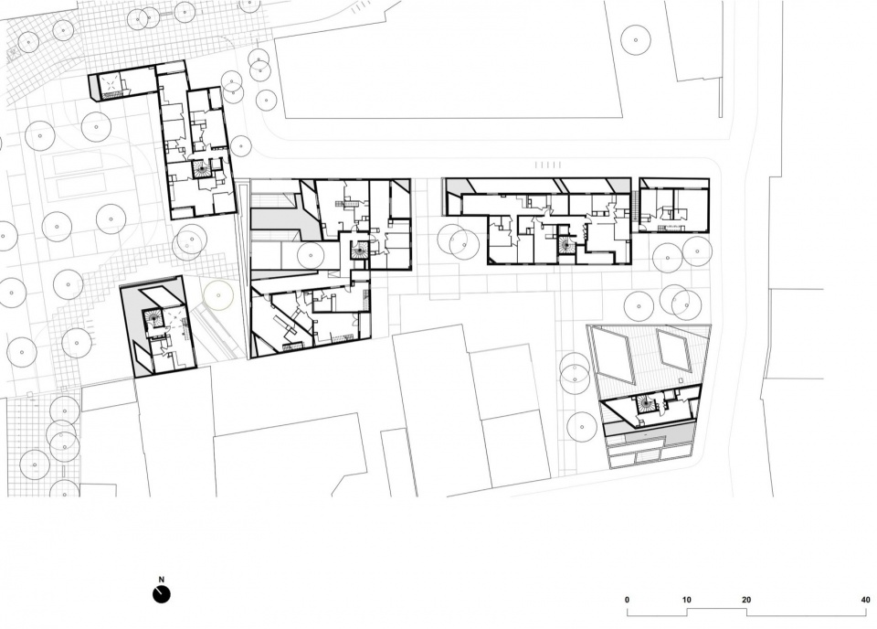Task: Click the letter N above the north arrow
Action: pyautogui.click(x=162, y=580)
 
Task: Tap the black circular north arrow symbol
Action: pyautogui.click(x=161, y=594)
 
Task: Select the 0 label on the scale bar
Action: pyautogui.click(x=627, y=600)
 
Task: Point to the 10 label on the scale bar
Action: pyautogui.click(x=687, y=600)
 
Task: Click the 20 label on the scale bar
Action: pyautogui.click(x=746, y=600)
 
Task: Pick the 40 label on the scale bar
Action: pyautogui.click(x=866, y=600)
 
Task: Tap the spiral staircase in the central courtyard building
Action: pyautogui.click(x=358, y=251)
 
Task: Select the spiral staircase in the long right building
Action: pyautogui.click(x=565, y=245)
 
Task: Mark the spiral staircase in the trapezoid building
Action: pyautogui.click(x=646, y=403)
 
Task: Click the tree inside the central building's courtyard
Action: pyautogui.click(x=311, y=255)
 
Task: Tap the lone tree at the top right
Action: pyautogui.click(x=636, y=39)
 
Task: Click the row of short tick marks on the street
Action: pyautogui.click(x=548, y=165)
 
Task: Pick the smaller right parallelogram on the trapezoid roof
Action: pyautogui.click(x=673, y=349)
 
